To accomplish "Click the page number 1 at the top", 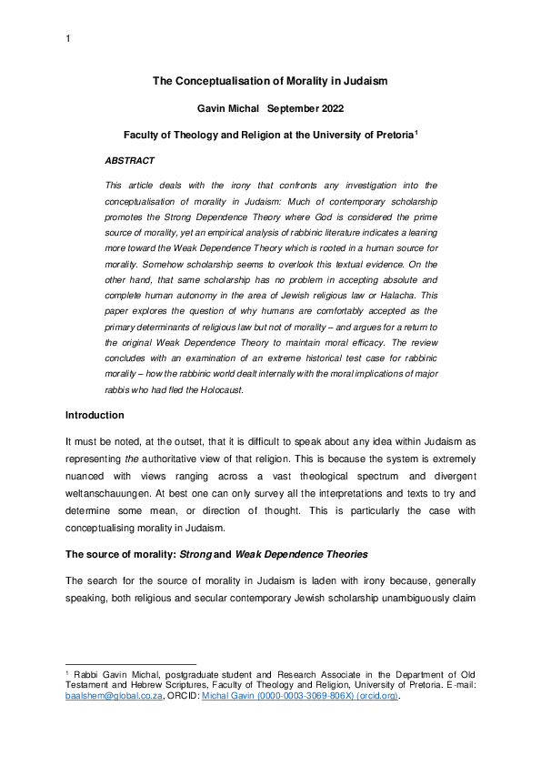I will tap(67, 39).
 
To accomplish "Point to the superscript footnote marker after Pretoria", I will tap(416, 131).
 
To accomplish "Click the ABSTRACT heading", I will tap(130, 160).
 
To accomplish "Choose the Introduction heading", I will tap(95, 415).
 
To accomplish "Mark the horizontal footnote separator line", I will tap(131, 664).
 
